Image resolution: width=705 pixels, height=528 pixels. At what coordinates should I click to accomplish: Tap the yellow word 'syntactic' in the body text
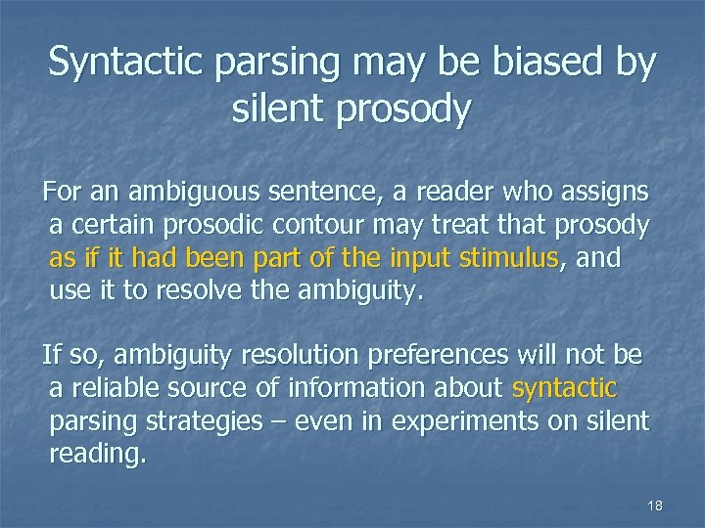click(x=564, y=388)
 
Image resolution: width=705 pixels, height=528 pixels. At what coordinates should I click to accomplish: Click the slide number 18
click(x=655, y=506)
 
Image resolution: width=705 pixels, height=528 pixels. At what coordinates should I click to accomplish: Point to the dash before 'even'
click(x=291, y=421)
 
